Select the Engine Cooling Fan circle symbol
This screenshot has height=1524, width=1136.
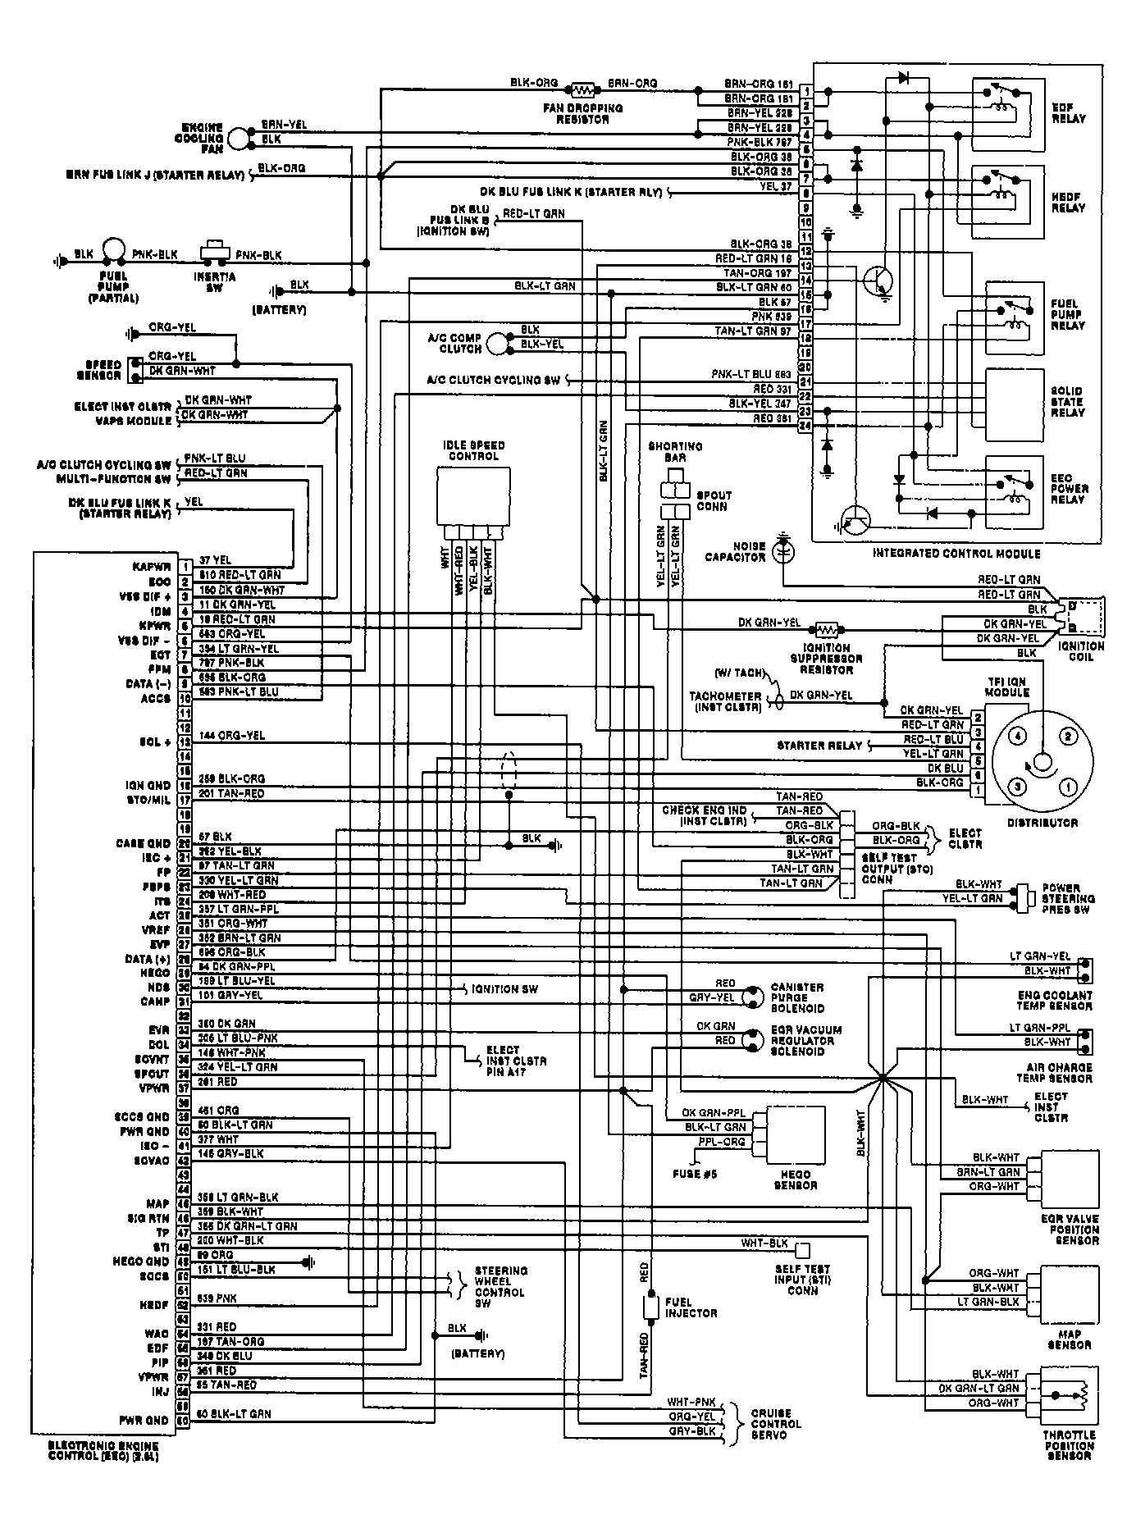pos(238,139)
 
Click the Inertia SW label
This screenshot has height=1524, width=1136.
pos(214,282)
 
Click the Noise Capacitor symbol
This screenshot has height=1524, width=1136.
pos(783,550)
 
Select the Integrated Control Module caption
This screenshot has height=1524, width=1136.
pos(956,554)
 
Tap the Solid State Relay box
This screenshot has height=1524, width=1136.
pos(1014,400)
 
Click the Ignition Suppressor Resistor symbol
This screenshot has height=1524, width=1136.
pos(824,630)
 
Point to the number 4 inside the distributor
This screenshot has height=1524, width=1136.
pos(1017,737)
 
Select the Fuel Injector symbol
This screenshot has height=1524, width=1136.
pos(650,1307)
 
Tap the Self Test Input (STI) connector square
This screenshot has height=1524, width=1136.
pos(803,1249)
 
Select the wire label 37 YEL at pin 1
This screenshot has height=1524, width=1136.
pos(216,560)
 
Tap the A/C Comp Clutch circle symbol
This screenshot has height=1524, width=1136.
pos(497,344)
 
